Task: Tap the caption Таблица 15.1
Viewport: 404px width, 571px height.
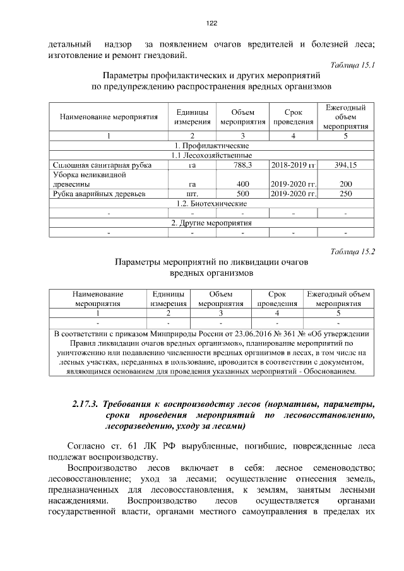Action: [352, 65]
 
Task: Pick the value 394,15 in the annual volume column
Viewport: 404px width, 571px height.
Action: [345, 165]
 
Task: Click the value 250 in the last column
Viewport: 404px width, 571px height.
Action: [345, 194]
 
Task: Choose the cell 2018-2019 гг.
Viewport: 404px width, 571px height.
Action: [293, 165]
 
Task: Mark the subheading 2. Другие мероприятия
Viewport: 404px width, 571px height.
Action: [211, 223]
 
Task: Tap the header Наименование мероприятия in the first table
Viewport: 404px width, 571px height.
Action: [109, 117]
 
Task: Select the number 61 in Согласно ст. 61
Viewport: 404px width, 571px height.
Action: [134, 445]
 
